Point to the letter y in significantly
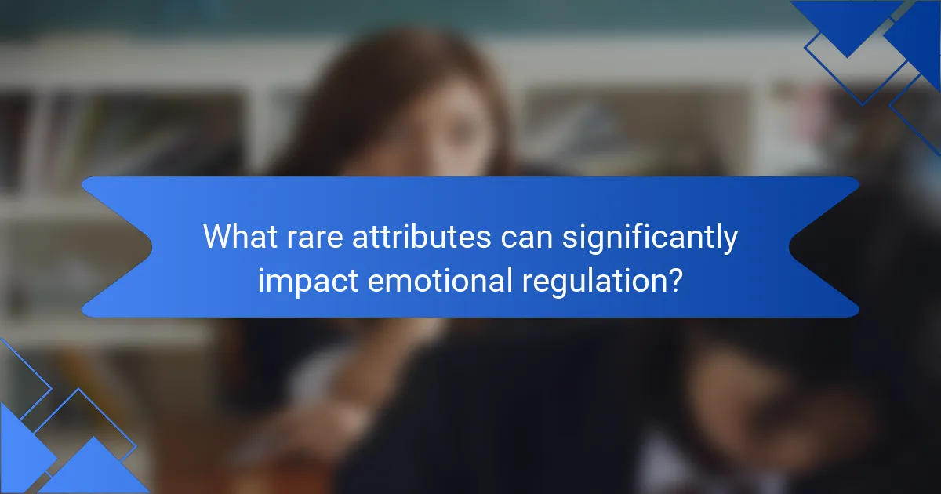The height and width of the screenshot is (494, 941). click(x=729, y=242)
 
